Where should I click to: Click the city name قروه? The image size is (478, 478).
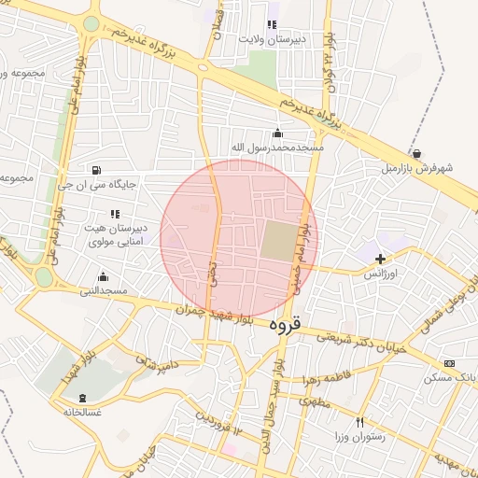288,326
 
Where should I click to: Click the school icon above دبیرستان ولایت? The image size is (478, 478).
272,24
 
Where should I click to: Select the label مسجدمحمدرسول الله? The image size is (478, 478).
277,148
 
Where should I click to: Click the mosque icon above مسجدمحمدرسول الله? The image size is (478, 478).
277,133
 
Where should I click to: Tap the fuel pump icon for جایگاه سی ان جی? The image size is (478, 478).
96,170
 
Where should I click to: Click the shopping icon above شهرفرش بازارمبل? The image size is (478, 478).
415,154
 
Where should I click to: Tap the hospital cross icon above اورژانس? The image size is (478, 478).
380,258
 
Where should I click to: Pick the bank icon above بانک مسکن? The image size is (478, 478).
450,363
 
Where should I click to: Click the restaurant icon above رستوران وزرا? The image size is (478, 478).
359,422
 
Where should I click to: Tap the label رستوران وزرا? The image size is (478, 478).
359,437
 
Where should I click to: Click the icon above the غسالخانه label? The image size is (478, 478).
82,398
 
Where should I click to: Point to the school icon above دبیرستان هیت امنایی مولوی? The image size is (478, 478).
115,215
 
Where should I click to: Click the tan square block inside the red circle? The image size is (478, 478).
277,241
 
